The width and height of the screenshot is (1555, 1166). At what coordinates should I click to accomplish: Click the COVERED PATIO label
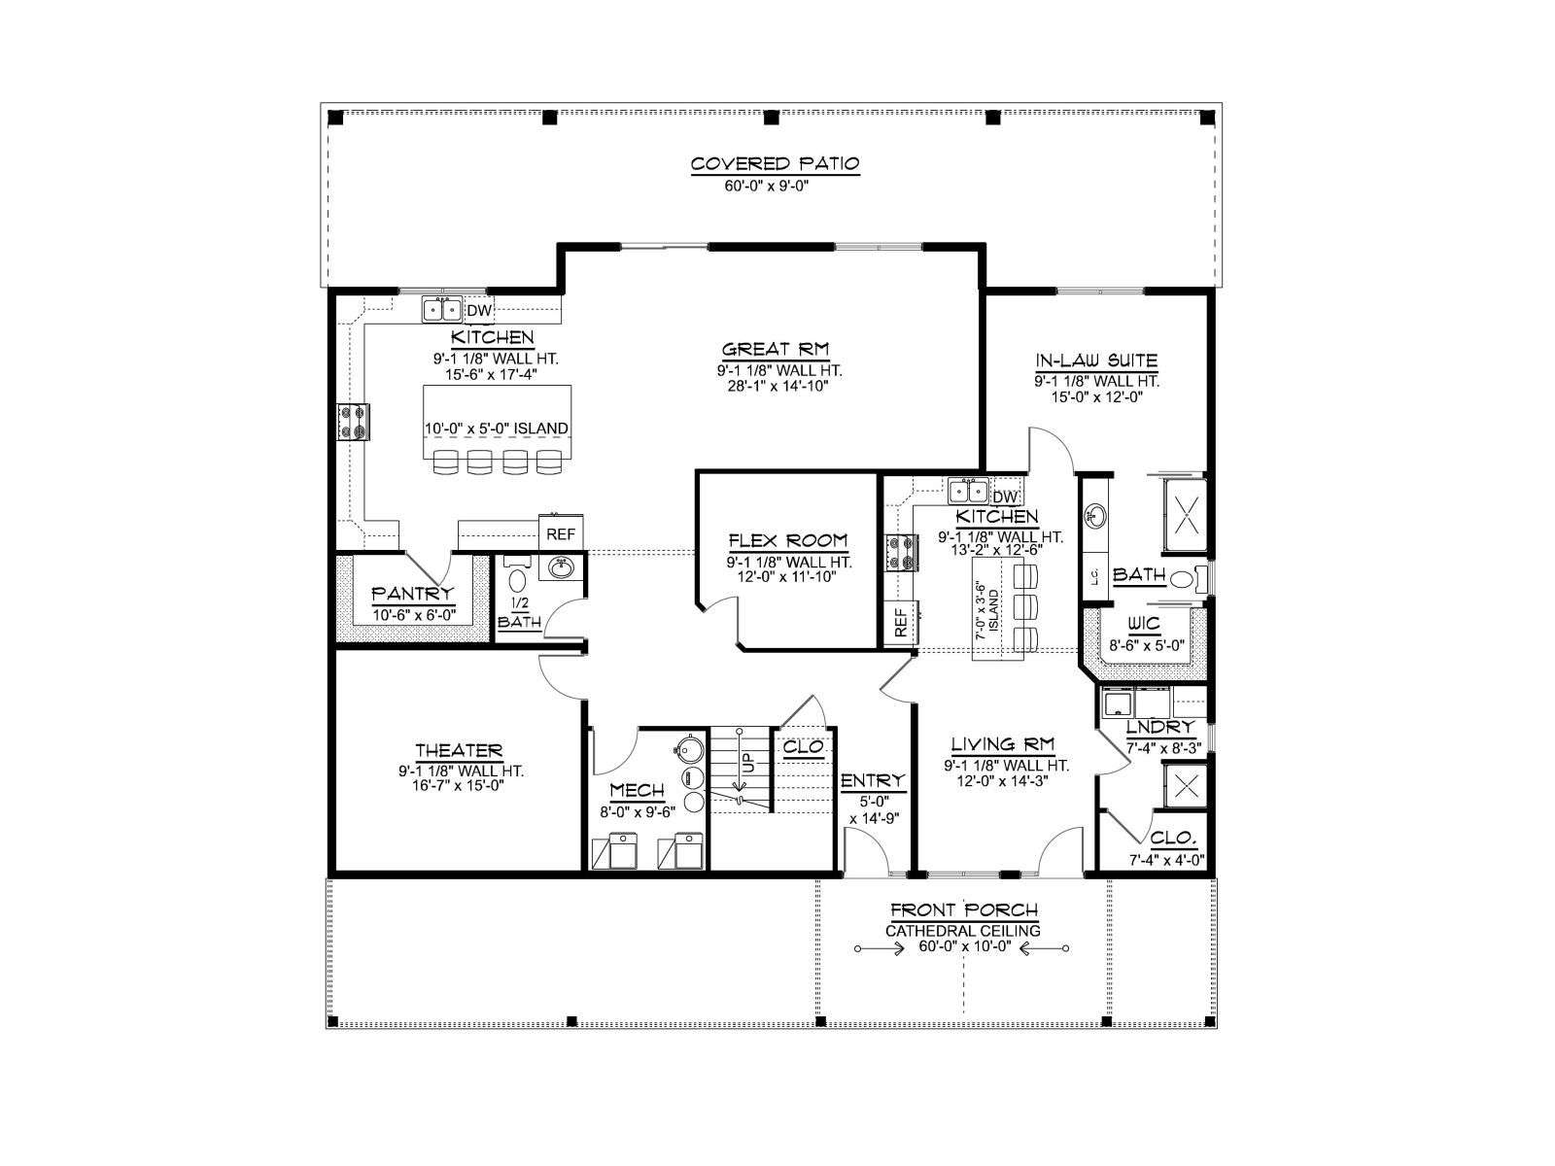775,164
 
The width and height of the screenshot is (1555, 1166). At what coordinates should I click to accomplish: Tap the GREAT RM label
776,349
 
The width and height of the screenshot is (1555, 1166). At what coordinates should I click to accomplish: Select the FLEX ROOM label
788,541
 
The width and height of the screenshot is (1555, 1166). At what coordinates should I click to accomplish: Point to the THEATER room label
459,750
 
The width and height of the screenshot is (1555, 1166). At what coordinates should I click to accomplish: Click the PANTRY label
412,594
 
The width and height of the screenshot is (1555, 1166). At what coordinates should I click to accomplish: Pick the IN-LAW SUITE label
1096,360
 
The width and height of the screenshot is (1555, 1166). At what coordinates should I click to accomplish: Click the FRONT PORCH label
964,909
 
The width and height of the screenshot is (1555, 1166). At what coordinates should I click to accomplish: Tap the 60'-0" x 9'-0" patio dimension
767,187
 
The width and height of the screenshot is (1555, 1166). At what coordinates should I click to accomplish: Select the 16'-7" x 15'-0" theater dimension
458,785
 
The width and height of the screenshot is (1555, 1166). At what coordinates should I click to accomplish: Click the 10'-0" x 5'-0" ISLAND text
497,429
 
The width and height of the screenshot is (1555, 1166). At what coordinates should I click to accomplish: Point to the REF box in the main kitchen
561,533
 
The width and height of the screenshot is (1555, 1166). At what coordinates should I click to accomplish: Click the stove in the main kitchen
353,422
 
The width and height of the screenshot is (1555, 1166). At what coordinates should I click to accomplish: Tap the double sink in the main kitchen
442,310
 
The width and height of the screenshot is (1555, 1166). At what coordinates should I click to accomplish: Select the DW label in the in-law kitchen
1005,497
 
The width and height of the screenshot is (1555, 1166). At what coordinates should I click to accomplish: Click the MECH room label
637,790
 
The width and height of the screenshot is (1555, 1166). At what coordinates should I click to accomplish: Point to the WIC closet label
1144,624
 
